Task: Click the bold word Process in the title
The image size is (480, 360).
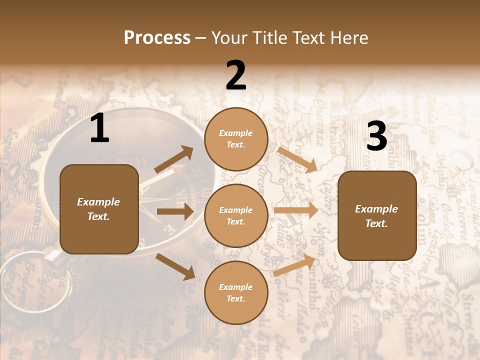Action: [x=157, y=37]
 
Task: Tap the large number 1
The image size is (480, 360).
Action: [x=99, y=129]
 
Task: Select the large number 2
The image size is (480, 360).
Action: [x=236, y=75]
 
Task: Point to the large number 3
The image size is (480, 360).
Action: [x=376, y=136]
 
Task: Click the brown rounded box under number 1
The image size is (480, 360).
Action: [x=99, y=209]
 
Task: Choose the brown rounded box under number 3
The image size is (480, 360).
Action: [x=377, y=215]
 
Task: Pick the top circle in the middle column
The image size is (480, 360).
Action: [x=236, y=139]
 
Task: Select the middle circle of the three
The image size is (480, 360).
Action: [x=236, y=215]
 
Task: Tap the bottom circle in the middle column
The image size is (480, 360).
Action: [x=236, y=292]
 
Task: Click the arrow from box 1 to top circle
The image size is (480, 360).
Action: [x=173, y=159]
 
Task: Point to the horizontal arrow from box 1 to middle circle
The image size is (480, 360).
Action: [x=175, y=211]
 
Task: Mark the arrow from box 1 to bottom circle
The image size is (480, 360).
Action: [x=175, y=266]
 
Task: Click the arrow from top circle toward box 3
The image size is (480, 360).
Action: [x=297, y=159]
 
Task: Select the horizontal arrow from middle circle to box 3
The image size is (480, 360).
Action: [x=296, y=210]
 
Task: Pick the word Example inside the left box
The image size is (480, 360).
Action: [x=98, y=202]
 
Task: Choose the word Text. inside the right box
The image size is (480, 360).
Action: [x=376, y=223]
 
